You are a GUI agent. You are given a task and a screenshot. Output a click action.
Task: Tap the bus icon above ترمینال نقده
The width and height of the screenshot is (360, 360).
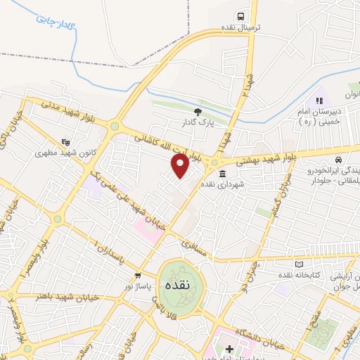click(241, 15)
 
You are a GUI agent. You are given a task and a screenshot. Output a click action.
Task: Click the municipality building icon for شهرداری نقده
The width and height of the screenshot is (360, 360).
click(222, 174)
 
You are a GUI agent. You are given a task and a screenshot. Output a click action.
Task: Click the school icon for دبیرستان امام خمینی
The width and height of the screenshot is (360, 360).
click(319, 102)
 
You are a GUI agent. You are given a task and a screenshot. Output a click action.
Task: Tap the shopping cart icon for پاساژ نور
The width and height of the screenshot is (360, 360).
click(139, 276)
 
